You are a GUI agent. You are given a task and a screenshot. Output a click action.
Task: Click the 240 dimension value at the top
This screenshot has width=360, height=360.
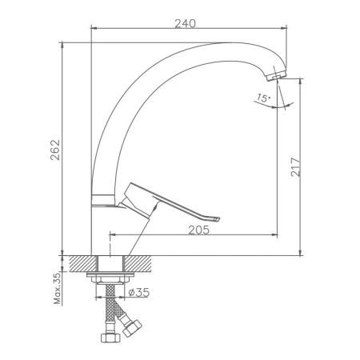pos(185,23)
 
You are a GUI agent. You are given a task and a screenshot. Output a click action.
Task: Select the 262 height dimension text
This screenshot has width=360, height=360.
pos(55,150)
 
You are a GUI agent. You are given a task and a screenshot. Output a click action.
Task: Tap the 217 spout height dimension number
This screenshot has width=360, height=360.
pos(295,167)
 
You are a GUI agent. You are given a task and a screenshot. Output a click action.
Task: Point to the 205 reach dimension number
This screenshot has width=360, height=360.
pos(199,230)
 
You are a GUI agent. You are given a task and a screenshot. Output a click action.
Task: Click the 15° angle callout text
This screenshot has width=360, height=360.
pos(263,98)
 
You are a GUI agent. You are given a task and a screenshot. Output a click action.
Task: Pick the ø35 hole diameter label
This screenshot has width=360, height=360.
pos(139,293)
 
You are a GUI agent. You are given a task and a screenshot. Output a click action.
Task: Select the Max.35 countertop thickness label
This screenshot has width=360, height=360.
pos(58,289)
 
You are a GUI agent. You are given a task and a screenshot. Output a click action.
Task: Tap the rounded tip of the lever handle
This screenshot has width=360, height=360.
pos(217,219)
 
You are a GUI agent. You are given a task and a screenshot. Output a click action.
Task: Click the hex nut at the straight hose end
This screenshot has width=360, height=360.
pos(110,338)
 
